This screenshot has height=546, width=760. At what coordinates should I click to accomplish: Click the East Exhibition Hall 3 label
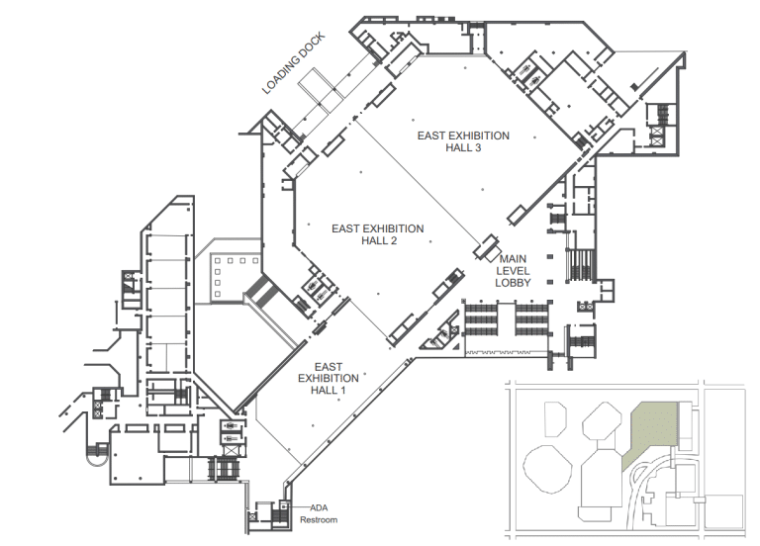[x=463, y=142]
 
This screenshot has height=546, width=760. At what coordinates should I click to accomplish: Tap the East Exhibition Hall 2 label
[x=378, y=234]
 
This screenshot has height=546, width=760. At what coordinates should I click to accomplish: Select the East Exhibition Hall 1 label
[x=329, y=377]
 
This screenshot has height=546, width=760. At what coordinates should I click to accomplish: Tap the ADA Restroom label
[x=319, y=513]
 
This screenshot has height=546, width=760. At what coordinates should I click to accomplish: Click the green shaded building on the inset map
[x=653, y=431]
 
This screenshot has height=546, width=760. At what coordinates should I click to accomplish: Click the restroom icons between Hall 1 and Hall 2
[x=321, y=288]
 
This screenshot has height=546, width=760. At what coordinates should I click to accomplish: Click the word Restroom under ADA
[x=319, y=520]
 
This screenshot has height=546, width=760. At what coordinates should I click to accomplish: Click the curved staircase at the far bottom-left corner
[x=97, y=451]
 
